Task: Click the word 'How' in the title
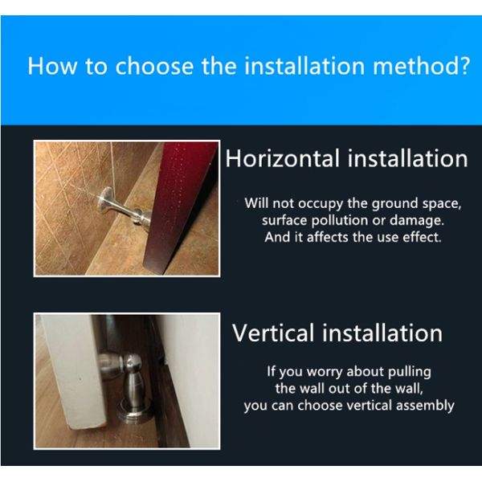[x=52, y=66]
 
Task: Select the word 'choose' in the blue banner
[x=154, y=66]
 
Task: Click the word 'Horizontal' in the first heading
[x=283, y=158]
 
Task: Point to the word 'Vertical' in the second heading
[x=275, y=333]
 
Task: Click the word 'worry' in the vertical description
[x=325, y=372]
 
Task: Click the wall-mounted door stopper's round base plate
[x=104, y=200]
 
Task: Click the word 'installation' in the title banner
[x=304, y=66]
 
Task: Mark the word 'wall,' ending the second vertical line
[x=410, y=389]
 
